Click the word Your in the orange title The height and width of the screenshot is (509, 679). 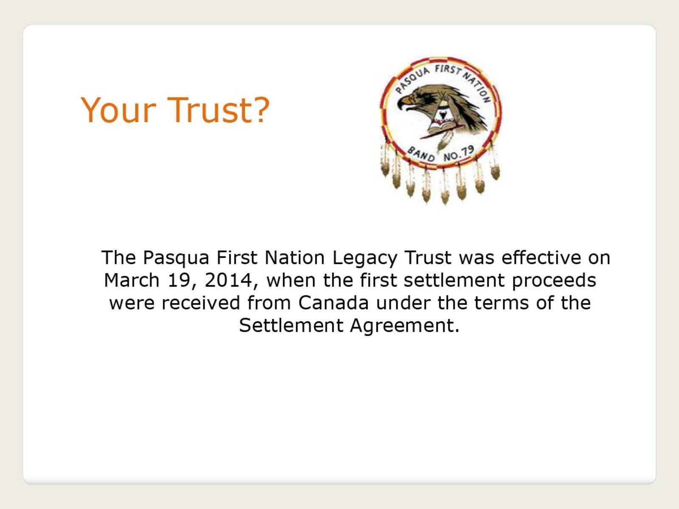tap(118, 110)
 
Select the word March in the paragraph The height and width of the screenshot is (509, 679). tap(132, 280)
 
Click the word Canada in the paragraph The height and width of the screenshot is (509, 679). tap(333, 302)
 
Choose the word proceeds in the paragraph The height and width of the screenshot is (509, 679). tap(554, 281)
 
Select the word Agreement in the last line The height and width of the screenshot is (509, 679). tap(405, 326)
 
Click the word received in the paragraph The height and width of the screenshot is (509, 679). tap(201, 302)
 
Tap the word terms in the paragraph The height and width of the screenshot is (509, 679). tap(502, 303)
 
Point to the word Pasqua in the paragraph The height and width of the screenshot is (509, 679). tap(176, 258)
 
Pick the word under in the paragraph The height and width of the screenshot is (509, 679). tap(403, 302)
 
